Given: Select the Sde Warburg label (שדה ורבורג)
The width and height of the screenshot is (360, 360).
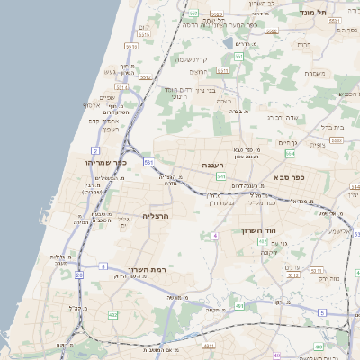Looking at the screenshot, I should coord(282,117).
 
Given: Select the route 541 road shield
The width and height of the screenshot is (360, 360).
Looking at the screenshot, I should coord(220,176).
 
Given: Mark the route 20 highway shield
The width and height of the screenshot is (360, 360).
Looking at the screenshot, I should coord(79,274).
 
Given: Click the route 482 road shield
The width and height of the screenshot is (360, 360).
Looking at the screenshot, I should coord(112,315).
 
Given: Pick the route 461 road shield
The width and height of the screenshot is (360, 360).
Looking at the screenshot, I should coord(237,307).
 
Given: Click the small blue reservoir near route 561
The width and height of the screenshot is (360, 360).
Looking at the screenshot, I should coord(225,40).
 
